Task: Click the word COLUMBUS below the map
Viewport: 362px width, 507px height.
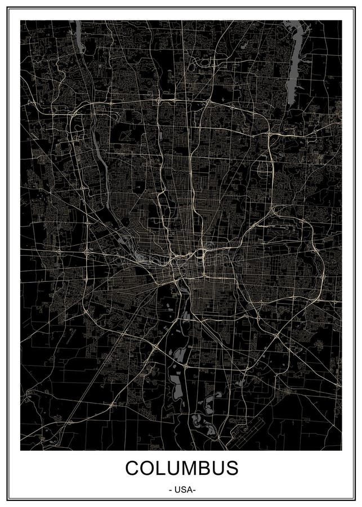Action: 181,468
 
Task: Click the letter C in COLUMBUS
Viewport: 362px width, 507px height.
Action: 133,468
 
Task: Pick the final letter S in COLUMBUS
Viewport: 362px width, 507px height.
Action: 232,468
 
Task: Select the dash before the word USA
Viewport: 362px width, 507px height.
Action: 170,490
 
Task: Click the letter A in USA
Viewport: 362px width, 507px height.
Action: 190,490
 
